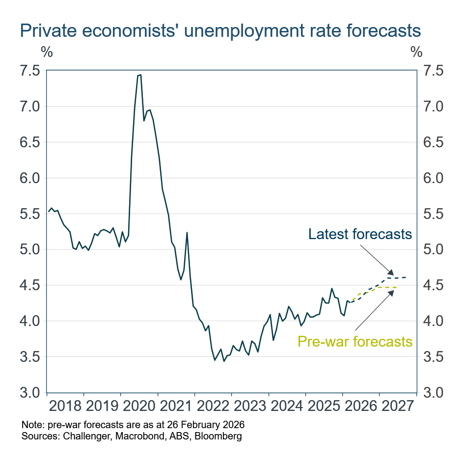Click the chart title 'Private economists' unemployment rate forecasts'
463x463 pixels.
(220, 30)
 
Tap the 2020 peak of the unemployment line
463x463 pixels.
(140, 75)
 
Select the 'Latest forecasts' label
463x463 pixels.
(360, 234)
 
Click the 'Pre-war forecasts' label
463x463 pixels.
(354, 341)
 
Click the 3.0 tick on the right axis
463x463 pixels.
(433, 393)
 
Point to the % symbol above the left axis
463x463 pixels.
(47, 51)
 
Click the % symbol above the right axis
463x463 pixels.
(416, 51)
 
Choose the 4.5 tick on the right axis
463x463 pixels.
(433, 285)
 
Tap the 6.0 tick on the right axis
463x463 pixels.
(433, 178)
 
